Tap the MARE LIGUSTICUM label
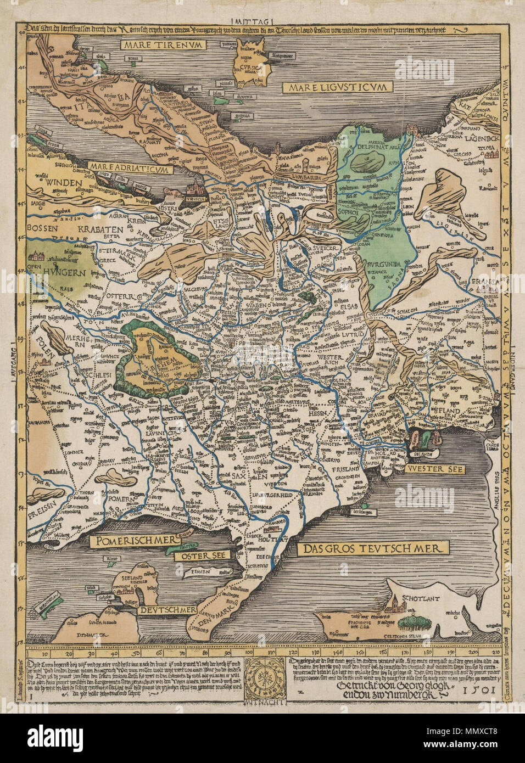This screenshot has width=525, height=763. (x=337, y=87)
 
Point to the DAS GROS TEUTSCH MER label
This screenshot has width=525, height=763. (x=372, y=547)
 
